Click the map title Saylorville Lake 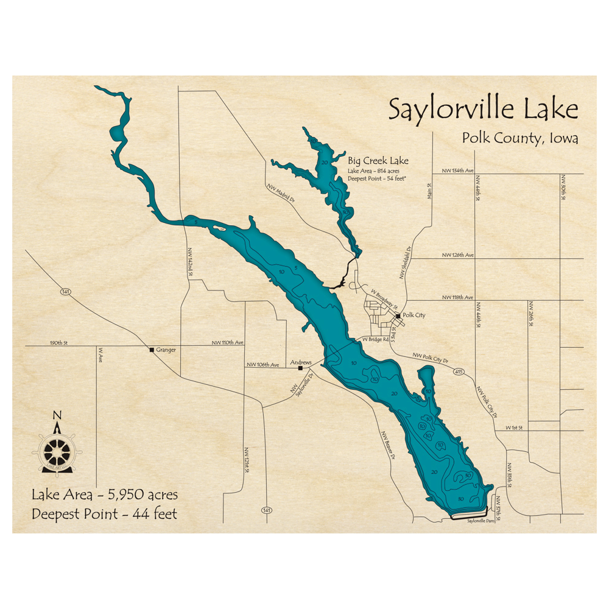483,110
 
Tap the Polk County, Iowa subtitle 519,138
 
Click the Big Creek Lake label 378,161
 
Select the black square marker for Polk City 397,316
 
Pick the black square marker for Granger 152,350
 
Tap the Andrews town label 301,361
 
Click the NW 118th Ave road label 457,297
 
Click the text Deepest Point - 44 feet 104,515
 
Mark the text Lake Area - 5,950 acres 104,495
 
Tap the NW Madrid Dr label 280,194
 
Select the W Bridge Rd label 375,339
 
